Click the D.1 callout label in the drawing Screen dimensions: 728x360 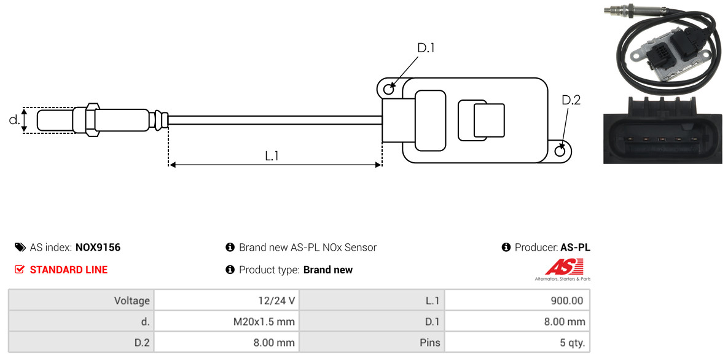426,48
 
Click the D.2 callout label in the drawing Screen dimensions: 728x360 571,100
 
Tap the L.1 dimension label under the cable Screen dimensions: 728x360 272,155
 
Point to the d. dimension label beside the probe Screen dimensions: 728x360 14,119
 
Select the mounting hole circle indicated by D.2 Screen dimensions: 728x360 560,151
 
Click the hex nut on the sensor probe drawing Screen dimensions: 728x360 92,119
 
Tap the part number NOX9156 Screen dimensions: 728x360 98,248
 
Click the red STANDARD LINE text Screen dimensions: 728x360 69,270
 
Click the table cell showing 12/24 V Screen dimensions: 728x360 227,300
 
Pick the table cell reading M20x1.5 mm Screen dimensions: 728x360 227,321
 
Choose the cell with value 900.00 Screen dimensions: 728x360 517,300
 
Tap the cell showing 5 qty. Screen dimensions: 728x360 517,343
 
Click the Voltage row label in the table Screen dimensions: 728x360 81,300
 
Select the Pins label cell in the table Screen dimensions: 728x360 372,343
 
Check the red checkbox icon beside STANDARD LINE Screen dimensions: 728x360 20,270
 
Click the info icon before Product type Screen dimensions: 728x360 230,270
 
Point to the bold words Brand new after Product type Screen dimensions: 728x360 328,270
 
